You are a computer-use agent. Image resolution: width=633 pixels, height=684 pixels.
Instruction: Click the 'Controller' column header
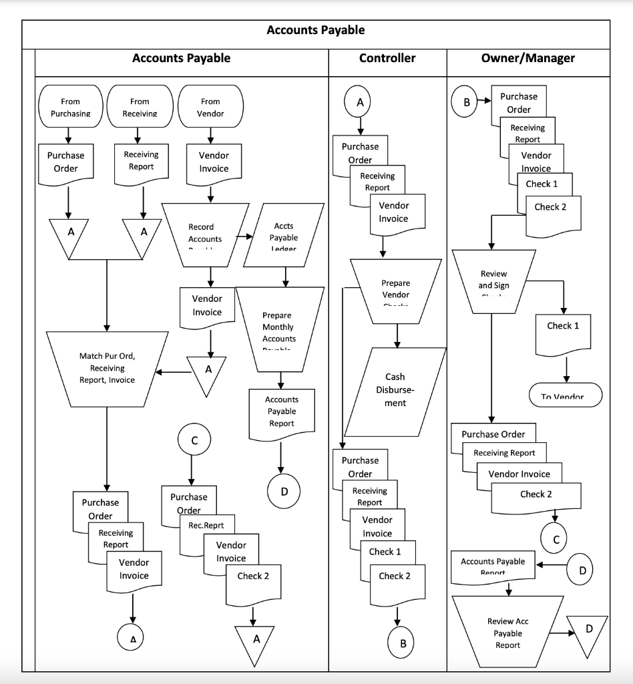(387, 58)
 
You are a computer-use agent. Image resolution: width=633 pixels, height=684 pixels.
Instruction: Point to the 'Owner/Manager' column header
(527, 58)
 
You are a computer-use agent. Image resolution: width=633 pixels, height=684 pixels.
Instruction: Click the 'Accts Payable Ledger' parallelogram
(285, 235)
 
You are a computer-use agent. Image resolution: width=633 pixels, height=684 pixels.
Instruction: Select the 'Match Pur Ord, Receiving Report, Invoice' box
(107, 368)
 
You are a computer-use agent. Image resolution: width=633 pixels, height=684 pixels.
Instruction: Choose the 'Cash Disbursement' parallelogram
(395, 391)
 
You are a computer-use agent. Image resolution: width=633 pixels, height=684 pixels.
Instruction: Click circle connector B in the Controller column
(403, 643)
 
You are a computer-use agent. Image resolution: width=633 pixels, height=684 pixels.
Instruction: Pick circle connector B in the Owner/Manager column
(467, 102)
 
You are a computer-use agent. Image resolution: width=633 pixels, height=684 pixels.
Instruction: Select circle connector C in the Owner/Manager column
(554, 538)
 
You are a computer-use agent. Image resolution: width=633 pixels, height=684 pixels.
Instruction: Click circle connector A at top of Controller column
(360, 102)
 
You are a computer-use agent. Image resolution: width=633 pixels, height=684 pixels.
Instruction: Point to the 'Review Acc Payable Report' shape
(507, 632)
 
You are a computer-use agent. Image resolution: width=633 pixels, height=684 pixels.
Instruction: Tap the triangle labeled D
(588, 633)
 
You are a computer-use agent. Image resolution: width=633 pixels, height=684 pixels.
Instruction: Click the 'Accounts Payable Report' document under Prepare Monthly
(281, 413)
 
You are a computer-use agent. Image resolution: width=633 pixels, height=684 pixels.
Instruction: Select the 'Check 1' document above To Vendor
(564, 334)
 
